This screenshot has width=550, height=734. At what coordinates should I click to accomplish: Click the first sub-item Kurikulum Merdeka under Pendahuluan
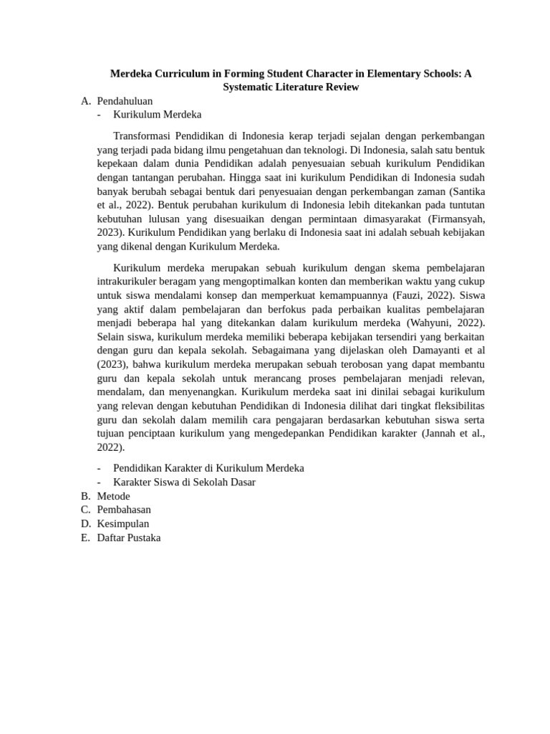pyautogui.click(x=157, y=115)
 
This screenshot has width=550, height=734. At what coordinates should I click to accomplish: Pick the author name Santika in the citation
pyautogui.click(x=468, y=191)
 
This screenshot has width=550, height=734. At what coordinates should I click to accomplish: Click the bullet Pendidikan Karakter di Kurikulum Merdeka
pyautogui.click(x=208, y=468)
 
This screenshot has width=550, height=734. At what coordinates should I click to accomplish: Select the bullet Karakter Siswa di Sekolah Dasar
pyautogui.click(x=184, y=482)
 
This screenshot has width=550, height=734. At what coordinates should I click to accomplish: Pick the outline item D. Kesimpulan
pyautogui.click(x=123, y=524)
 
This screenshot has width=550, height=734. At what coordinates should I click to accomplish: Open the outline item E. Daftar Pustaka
pyautogui.click(x=129, y=538)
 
